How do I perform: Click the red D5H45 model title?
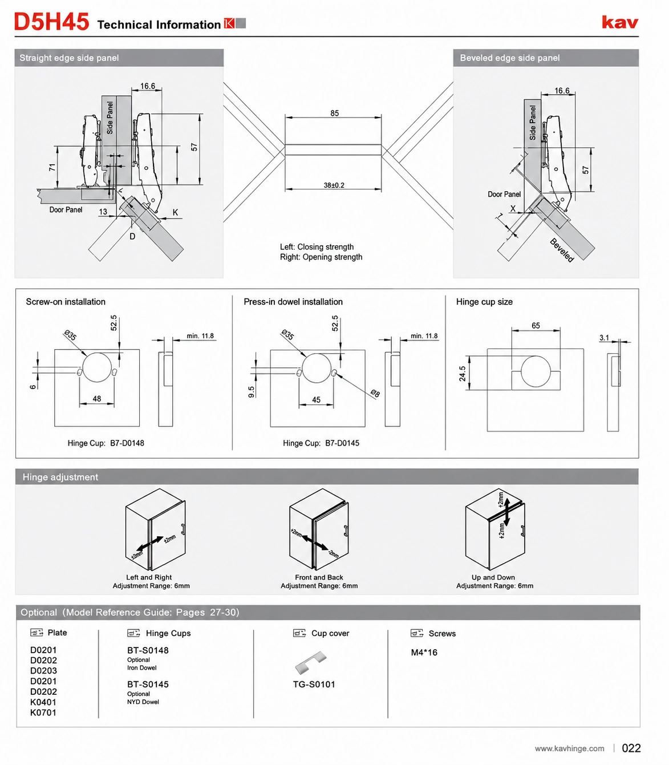coord(51,22)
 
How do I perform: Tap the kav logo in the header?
coord(619,22)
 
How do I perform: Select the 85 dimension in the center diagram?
coord(334,113)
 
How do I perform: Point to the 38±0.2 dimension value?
coord(334,185)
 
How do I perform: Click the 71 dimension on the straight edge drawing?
coord(52,167)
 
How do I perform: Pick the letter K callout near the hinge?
coord(175,212)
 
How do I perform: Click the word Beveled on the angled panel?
coord(562,250)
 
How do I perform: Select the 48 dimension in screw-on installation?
coord(97,399)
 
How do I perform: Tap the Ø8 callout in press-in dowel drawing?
coord(375,393)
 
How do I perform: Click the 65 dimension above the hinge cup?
coord(536,325)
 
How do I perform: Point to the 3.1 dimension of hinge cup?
coord(604,338)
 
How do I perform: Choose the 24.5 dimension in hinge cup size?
coord(463,374)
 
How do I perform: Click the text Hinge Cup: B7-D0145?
coord(321,443)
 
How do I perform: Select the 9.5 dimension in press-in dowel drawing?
coord(251,392)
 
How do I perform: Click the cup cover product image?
coord(311,662)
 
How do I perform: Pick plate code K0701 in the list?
coord(43,713)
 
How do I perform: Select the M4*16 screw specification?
coord(424,653)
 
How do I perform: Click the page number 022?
coord(631,748)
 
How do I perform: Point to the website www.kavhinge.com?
coord(569,748)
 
